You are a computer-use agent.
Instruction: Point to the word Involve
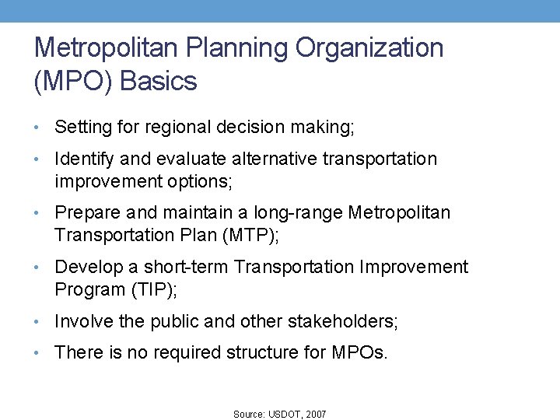tap(83, 321)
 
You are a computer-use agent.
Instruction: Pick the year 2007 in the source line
tap(316, 415)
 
